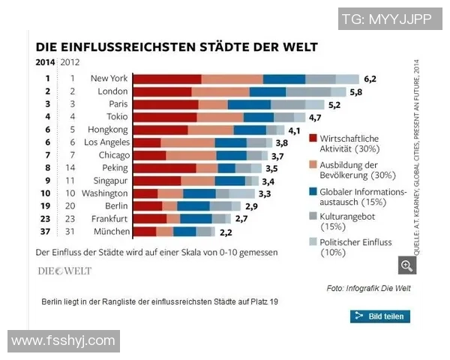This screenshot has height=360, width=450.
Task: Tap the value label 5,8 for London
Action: [x=355, y=91]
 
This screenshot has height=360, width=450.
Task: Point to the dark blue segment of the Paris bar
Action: [x=249, y=104]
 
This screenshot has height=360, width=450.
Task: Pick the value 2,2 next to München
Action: [x=225, y=232]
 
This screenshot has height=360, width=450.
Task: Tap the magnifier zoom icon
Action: [x=407, y=266]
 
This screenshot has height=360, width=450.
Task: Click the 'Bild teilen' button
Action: [x=380, y=316]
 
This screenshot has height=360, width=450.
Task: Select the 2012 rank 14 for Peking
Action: [x=73, y=168]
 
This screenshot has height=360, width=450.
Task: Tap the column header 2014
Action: [x=45, y=62]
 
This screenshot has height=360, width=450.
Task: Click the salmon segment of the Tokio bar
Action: [x=220, y=117]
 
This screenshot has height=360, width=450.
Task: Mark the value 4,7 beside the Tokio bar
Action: [x=315, y=118]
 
